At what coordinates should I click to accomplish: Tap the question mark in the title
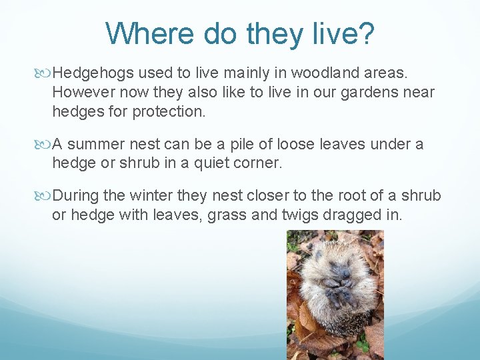[x=365, y=34]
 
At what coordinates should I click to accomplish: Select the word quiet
[x=217, y=163]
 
